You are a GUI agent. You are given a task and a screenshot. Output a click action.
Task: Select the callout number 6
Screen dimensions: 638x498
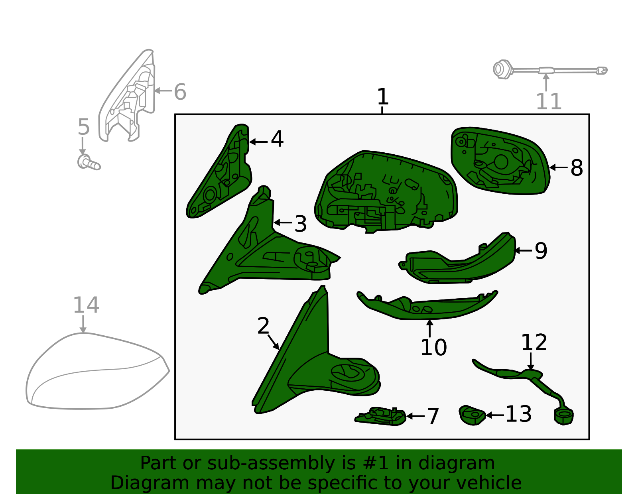coord(180,92)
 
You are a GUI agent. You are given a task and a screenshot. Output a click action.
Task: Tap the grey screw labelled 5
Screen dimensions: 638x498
coord(89,162)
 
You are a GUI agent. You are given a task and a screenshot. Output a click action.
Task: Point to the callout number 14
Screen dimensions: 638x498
coord(86,305)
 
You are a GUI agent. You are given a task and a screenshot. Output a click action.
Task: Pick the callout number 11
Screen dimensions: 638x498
coord(549,102)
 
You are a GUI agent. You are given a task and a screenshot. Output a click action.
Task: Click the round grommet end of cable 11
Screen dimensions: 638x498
coord(502,69)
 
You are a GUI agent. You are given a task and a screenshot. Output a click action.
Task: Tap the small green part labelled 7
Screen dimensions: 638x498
coord(380,416)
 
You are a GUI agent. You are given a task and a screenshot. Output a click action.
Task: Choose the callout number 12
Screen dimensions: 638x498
coord(534,342)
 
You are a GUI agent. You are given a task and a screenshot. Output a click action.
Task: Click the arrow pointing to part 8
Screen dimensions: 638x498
coord(558,167)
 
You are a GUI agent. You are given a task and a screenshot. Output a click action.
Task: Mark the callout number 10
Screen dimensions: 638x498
coord(434,348)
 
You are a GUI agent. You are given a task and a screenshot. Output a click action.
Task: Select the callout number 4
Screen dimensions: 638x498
coord(277,139)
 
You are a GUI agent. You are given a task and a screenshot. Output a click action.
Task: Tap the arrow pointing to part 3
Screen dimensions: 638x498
coord(283,223)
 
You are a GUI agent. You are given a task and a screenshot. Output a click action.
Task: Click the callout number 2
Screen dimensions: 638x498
coord(263,326)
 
